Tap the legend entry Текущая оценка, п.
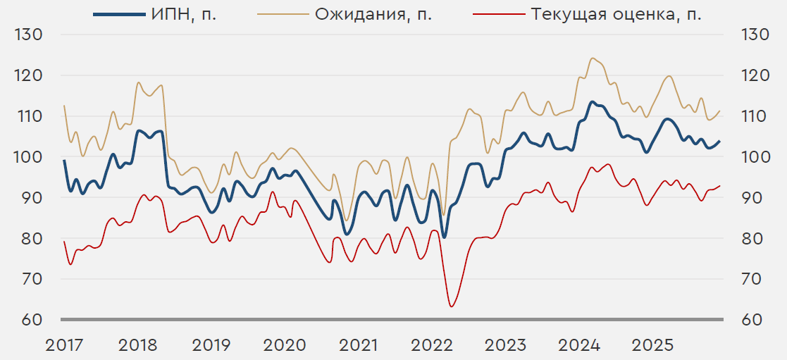click(x=612, y=15)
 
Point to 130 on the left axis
click(x=29, y=35)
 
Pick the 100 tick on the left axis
click(x=29, y=156)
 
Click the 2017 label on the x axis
click(x=64, y=345)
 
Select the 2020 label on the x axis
click(x=285, y=345)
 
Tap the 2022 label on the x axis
click(x=431, y=345)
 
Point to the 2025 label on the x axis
click(x=652, y=345)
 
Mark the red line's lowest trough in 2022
click(x=451, y=306)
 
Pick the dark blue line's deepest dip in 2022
click(x=444, y=237)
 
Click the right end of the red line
click(x=720, y=186)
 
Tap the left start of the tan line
click(x=64, y=106)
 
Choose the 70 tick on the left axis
click(x=29, y=279)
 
